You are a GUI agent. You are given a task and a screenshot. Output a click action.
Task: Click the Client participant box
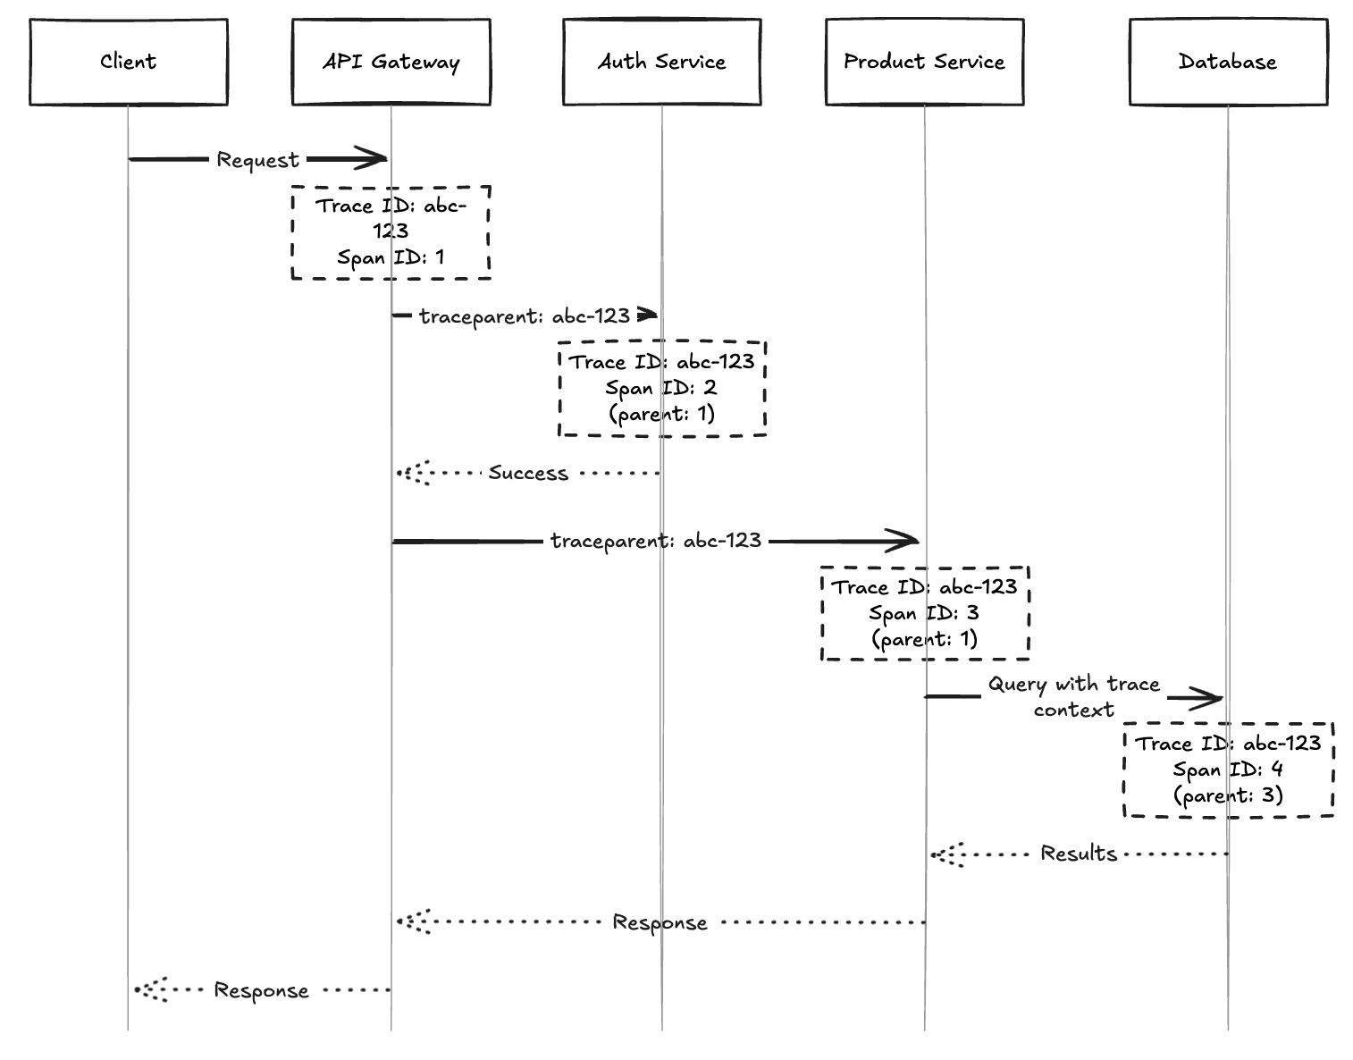(x=128, y=62)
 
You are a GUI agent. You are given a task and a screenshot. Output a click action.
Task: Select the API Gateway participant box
(x=391, y=62)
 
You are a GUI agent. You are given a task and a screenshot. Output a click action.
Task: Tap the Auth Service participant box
(x=661, y=62)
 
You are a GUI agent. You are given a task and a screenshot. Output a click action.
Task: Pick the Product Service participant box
(x=924, y=62)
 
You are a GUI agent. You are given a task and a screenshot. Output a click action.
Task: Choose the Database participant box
(x=1228, y=62)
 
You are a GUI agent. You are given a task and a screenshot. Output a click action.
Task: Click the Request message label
(x=257, y=160)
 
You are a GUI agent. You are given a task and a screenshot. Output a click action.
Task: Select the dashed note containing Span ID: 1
(x=391, y=232)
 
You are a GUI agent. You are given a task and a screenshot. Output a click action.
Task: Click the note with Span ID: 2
(x=661, y=388)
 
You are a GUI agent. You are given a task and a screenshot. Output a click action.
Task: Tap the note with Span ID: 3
(x=924, y=613)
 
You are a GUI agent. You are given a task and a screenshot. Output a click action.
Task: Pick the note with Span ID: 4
(x=1228, y=770)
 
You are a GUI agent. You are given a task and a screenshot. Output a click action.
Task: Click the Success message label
(x=527, y=473)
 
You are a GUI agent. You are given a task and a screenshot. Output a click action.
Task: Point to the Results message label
(x=1079, y=854)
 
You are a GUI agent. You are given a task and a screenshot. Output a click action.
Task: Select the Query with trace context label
(x=1073, y=697)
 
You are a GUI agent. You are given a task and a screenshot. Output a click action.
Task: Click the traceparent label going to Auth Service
(x=525, y=316)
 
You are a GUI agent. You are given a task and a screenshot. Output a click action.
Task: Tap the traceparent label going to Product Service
(x=656, y=541)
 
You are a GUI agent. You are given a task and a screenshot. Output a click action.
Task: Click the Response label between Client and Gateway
(x=261, y=990)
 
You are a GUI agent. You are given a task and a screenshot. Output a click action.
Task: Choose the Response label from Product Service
(x=660, y=922)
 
